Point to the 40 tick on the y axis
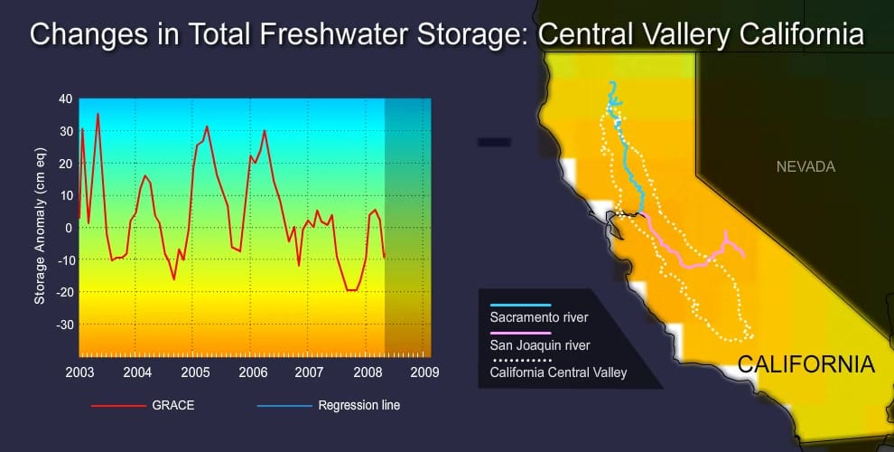tap(64, 99)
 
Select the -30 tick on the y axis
tap(62, 325)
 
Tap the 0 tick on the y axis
tap(68, 228)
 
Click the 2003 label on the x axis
tap(79, 372)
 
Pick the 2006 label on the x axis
tap(252, 372)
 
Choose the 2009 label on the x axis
tap(424, 372)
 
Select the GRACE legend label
tap(172, 406)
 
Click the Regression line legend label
tap(359, 406)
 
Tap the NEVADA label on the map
tap(806, 167)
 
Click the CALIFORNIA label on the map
tap(806, 365)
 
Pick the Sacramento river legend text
tap(539, 317)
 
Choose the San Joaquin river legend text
tap(540, 344)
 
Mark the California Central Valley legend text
tap(558, 371)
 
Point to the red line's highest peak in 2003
tap(98, 114)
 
